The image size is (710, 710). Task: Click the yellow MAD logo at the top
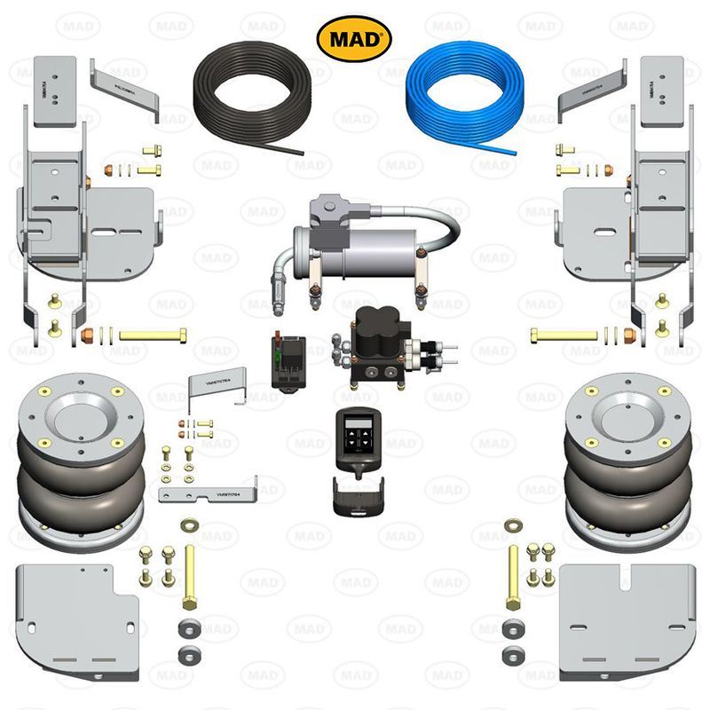(354, 36)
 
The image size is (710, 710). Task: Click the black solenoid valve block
(373, 345)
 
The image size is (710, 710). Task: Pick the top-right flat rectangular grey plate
(662, 89)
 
